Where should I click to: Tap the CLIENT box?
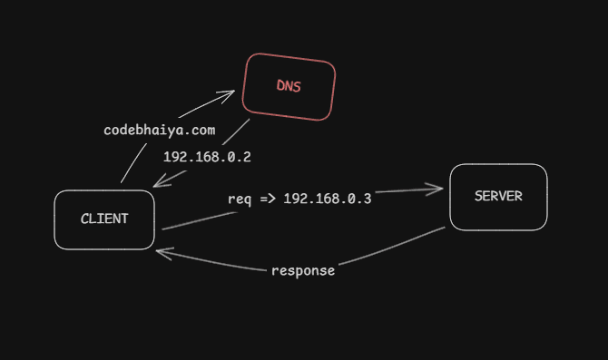(104, 219)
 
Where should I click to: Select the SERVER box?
(498, 197)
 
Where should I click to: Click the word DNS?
(288, 87)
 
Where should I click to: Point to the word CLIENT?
(104, 219)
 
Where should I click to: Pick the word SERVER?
(498, 196)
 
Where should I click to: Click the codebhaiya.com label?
(160, 130)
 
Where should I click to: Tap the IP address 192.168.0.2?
(207, 157)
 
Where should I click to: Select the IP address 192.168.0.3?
(328, 199)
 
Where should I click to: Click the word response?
(303, 270)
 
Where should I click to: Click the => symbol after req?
(268, 199)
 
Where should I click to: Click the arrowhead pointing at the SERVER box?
(439, 190)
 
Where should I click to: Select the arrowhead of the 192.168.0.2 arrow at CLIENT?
(158, 184)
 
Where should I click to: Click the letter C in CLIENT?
(84, 219)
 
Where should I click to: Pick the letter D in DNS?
(279, 86)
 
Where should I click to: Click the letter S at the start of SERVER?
(478, 196)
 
